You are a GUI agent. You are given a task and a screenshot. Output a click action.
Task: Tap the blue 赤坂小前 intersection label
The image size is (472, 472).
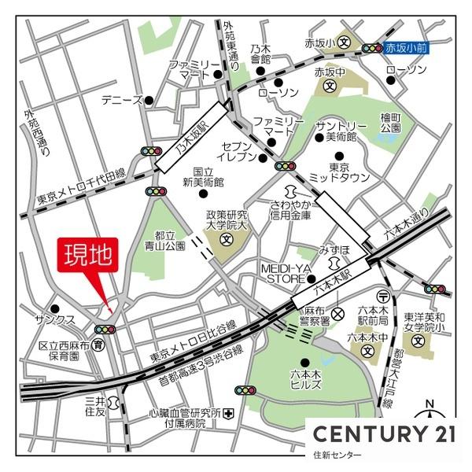coord(406,48)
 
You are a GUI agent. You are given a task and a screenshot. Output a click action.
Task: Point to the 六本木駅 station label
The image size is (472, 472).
coord(330,281)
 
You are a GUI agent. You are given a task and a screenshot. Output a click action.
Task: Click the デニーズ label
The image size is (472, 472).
coord(122,101)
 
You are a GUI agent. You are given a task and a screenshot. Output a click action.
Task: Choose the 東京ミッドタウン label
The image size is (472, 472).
coord(339,173)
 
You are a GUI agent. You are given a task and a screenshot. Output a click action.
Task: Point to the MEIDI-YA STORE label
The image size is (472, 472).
coord(289,272)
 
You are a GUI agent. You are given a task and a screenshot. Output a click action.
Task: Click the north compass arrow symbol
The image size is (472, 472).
coord(430,414)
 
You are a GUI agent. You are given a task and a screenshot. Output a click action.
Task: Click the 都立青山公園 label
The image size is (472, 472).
coord(170,240)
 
